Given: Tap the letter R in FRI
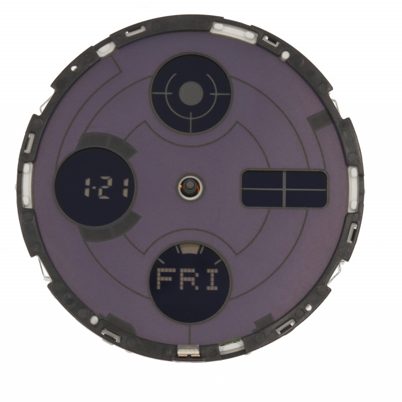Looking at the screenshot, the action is [186, 279].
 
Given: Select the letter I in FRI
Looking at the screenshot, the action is [210, 279].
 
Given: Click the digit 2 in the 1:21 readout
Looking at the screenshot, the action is [107, 188].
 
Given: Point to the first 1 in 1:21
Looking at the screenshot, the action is [87, 188].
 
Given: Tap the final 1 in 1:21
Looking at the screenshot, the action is [125, 188].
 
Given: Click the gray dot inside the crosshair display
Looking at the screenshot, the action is [191, 93].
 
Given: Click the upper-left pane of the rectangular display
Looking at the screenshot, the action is [262, 180].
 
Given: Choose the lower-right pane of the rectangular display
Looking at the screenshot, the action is [306, 198].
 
